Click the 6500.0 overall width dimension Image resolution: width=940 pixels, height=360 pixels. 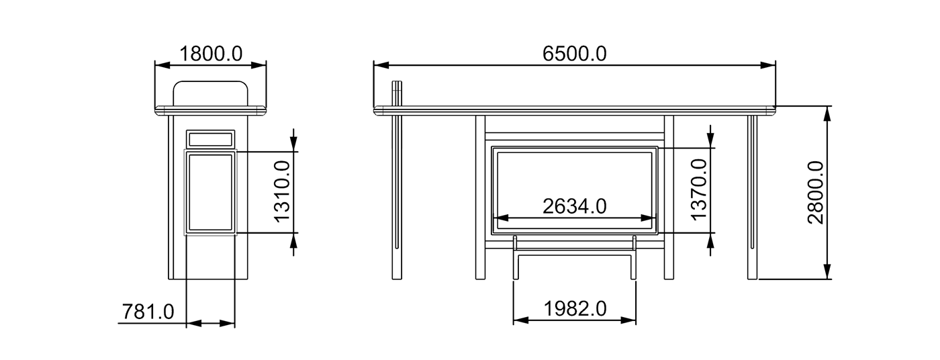[x=574, y=54]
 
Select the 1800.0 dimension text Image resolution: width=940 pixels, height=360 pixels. [x=211, y=54]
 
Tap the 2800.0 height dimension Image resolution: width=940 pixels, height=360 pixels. [x=815, y=193]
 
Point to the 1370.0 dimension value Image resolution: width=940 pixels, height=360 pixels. [x=699, y=190]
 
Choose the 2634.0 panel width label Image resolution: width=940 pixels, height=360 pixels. [x=574, y=206]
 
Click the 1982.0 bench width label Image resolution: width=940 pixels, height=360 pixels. [x=575, y=309]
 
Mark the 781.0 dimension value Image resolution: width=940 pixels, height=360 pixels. [x=148, y=312]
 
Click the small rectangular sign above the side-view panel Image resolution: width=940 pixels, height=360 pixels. [x=210, y=139]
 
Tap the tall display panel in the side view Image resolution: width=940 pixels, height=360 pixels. [x=210, y=193]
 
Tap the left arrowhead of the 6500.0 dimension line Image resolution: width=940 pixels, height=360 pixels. [x=380, y=65]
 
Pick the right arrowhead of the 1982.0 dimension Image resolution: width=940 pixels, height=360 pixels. [x=630, y=320]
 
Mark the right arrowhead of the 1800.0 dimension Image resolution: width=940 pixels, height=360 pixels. [x=261, y=65]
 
